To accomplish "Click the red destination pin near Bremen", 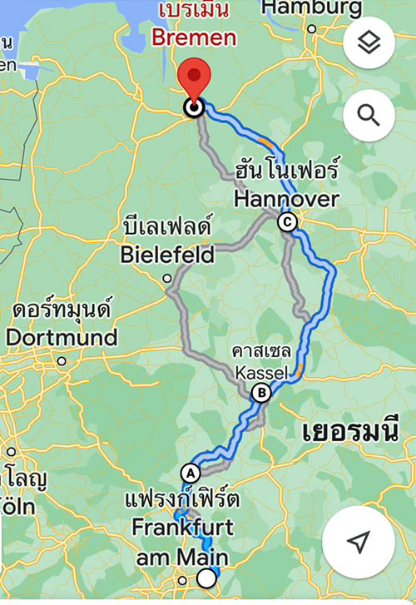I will pos(195,79).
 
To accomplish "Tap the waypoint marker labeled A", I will pos(191,472).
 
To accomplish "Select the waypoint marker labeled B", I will pos(261,393).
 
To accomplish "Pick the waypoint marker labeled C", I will pos(287,221).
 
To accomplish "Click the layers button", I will pos(369,43).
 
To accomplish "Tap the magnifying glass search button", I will pos(369,113).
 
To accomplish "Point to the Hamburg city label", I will pos(311,8).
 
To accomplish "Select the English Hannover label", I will pos(286,200).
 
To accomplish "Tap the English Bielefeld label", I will pos(167,253).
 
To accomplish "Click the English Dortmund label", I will pos(61,338).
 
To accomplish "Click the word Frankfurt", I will pos(182,528).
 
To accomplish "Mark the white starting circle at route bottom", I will pos(206,579).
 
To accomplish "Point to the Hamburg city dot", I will pos(312,29).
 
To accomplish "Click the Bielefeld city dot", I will pos(167,278).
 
